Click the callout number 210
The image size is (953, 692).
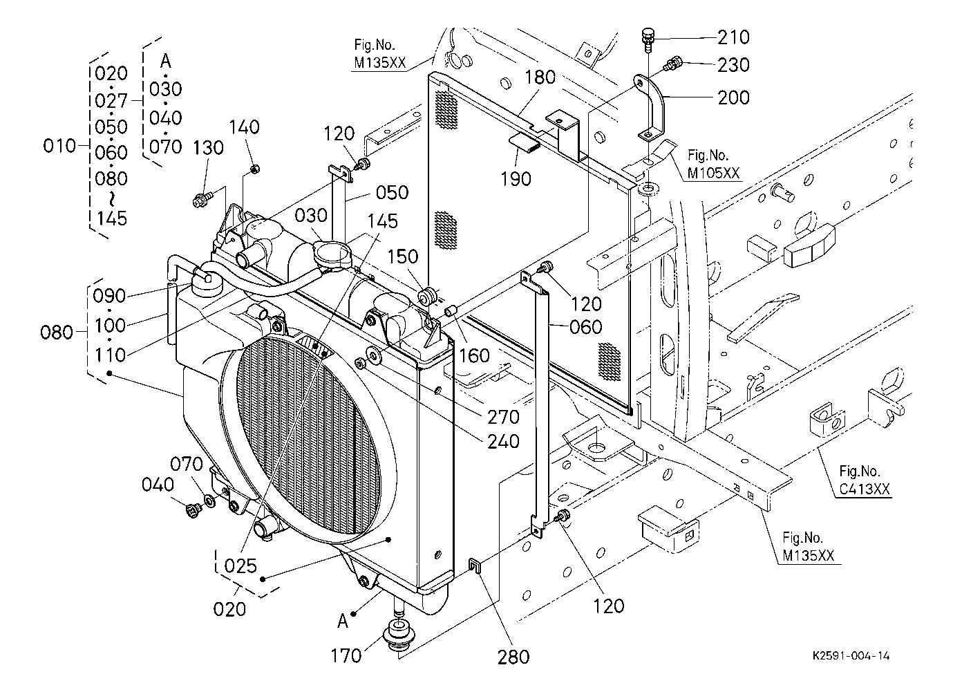click(733, 37)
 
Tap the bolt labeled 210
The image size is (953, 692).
click(647, 39)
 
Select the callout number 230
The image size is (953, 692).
click(733, 65)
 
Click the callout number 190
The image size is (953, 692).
click(516, 179)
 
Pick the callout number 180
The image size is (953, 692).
click(540, 77)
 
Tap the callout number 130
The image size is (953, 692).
click(208, 148)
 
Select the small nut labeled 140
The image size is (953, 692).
click(255, 169)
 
